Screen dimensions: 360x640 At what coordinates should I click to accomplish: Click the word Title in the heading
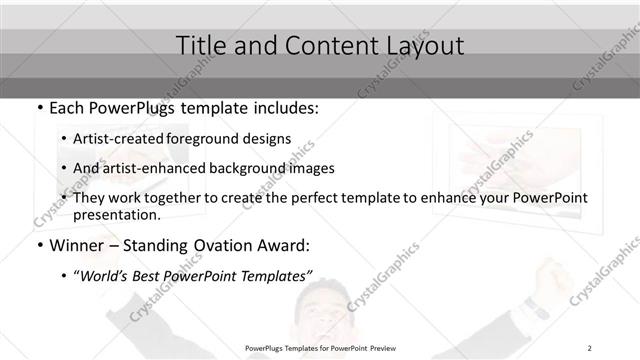point(200,46)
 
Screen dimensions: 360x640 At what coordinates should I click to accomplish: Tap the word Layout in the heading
point(421,46)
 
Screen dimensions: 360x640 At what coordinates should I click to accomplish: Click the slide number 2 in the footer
point(590,347)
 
